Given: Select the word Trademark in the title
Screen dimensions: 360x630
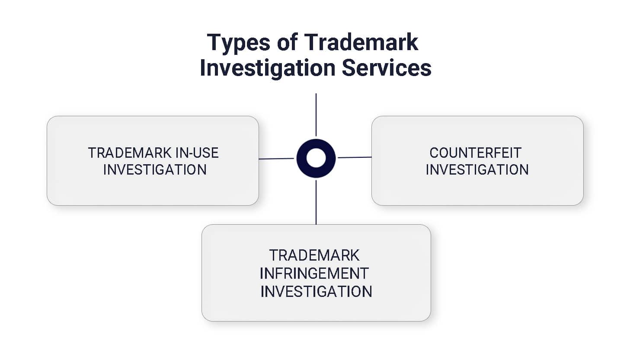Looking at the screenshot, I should (x=361, y=42).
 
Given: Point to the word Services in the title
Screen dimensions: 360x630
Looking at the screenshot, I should (x=387, y=68).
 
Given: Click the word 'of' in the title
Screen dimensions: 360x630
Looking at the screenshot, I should (x=287, y=42).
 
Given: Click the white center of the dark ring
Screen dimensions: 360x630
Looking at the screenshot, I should (x=316, y=158).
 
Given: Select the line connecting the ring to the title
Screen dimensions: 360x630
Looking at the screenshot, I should (x=316, y=115).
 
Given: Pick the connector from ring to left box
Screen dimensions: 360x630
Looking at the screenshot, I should (x=277, y=159).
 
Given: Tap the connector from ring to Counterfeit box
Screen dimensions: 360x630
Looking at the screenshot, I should (x=354, y=157).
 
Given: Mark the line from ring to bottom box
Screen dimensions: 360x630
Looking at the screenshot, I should (x=316, y=202).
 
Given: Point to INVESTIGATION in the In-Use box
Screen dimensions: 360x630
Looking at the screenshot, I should (x=155, y=169).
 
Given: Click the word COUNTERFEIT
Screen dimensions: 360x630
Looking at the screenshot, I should (x=475, y=153).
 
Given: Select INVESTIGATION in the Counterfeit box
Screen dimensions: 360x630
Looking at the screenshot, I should (x=477, y=169).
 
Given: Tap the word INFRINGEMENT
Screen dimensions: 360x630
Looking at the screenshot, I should (x=314, y=273).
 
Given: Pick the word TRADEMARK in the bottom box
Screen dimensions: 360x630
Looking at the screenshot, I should (x=314, y=255).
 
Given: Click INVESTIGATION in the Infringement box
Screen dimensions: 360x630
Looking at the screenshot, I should (x=316, y=291).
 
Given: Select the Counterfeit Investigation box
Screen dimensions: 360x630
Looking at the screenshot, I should (x=477, y=190).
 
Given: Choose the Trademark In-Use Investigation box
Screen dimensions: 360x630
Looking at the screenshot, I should (x=153, y=190).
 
